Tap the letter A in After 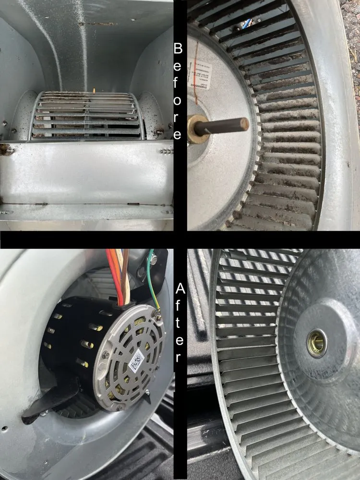180,288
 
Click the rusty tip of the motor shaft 244,123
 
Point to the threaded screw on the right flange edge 166,151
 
